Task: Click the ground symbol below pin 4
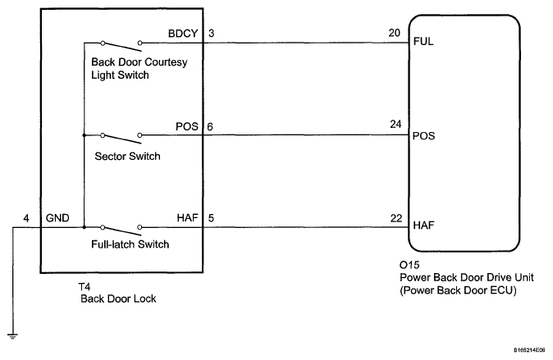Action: point(12,336)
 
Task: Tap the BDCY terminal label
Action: point(183,34)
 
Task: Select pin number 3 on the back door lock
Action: point(211,34)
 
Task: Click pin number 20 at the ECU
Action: point(395,33)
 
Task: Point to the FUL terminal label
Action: point(423,42)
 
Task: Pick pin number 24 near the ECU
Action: point(395,124)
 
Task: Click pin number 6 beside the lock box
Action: point(210,126)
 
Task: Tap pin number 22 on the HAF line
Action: point(396,218)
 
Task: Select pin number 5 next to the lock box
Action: point(211,218)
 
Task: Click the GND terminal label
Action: point(57,218)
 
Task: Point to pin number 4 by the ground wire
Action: point(26,218)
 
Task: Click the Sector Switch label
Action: point(127,156)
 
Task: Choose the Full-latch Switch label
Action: point(130,244)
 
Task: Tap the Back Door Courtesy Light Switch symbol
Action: point(121,45)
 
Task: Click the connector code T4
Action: point(85,287)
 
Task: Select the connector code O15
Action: point(409,265)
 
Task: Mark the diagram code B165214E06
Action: point(529,350)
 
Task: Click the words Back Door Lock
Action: point(118,299)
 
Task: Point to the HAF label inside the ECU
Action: point(423,226)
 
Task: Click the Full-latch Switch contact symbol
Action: point(121,230)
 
